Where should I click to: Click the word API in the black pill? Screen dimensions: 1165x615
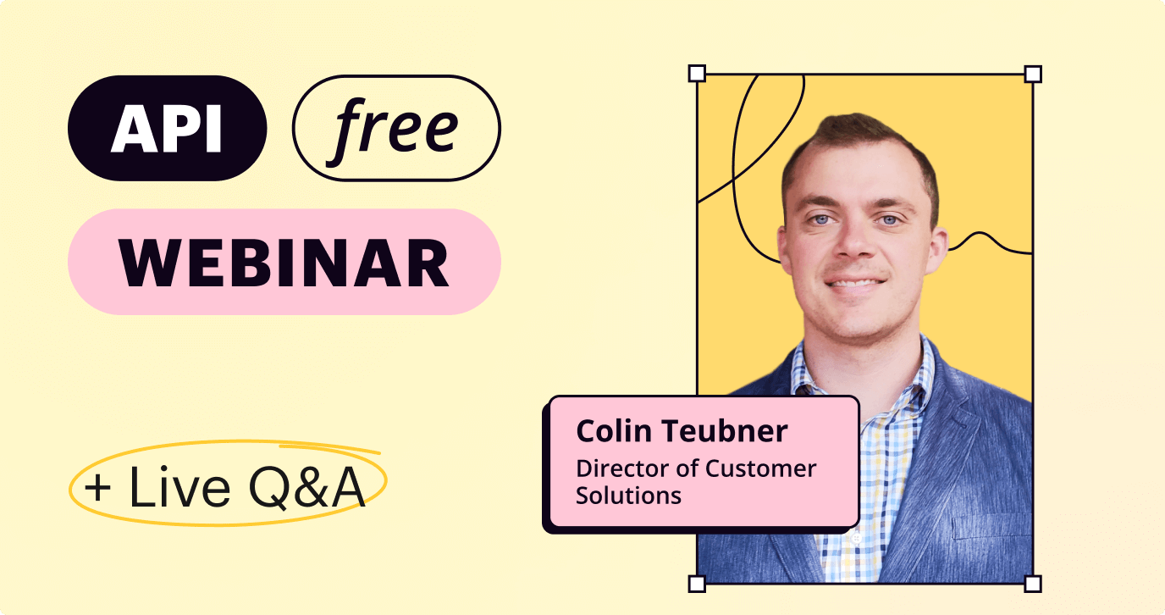pyautogui.click(x=167, y=129)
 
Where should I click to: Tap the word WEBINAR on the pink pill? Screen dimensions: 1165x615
pyautogui.click(x=284, y=263)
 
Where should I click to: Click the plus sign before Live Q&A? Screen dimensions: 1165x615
pyautogui.click(x=97, y=488)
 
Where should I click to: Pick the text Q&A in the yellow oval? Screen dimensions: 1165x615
pyautogui.click(x=306, y=488)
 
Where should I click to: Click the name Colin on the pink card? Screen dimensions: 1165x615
pyautogui.click(x=614, y=431)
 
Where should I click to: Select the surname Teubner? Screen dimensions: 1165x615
pyautogui.click(x=725, y=431)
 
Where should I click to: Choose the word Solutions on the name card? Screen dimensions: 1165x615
pyautogui.click(x=628, y=496)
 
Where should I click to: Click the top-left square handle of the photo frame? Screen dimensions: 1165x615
pyautogui.click(x=697, y=74)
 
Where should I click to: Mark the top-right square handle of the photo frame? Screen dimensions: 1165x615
pyautogui.click(x=1033, y=74)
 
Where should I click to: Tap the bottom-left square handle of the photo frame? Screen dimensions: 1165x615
pyautogui.click(x=697, y=584)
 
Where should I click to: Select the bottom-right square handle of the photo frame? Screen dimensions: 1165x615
pyautogui.click(x=1033, y=584)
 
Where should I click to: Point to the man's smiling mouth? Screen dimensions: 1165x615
pyautogui.click(x=855, y=283)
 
